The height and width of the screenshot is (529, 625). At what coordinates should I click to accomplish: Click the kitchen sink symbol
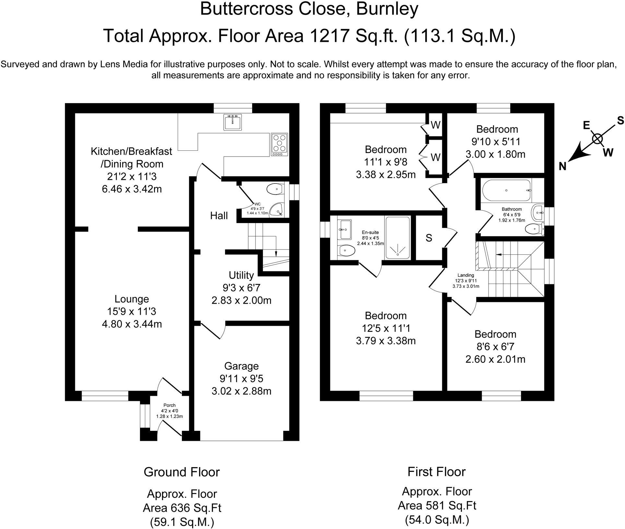pos(233,123)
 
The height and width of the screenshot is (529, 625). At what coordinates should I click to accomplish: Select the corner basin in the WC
pos(277,210)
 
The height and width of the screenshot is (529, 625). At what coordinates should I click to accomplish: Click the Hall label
pos(219,216)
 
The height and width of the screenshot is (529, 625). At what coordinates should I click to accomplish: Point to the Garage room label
pos(242,366)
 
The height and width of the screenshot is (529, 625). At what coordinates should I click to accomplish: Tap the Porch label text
pos(169,405)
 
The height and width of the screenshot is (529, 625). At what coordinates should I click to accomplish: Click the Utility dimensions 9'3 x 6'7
pos(242,288)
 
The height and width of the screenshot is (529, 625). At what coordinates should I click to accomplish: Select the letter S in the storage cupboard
pos(429,238)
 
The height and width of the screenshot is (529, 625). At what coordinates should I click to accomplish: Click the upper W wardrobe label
pos(435,125)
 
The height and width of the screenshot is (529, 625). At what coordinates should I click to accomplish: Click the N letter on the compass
pos(562,167)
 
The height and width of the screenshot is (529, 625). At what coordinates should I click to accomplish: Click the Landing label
pos(466,276)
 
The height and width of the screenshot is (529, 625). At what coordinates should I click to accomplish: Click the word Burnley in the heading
pos(387,9)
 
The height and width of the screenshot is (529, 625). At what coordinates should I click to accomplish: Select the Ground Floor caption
pos(182,472)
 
